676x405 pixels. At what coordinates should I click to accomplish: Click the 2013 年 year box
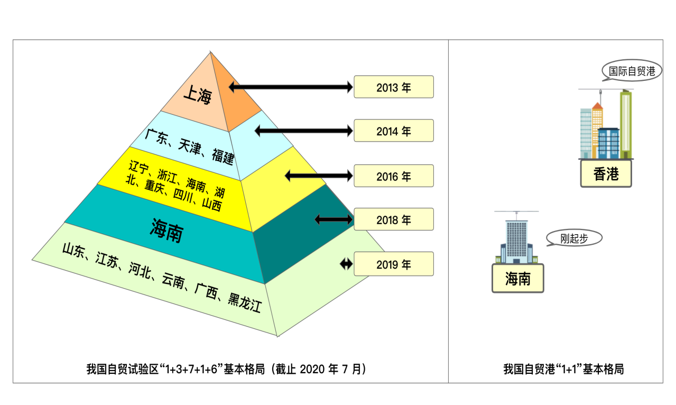pos(394,87)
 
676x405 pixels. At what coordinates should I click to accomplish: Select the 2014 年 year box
pos(394,131)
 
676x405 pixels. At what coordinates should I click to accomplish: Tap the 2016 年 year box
pos(394,176)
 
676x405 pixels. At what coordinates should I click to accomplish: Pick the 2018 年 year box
pos(394,219)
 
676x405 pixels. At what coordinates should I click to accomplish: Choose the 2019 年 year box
pos(394,264)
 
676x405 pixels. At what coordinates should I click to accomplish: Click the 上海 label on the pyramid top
pos(198,95)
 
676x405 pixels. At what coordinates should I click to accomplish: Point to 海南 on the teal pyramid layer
pos(166,231)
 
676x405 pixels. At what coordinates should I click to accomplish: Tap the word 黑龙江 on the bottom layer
pos(244,302)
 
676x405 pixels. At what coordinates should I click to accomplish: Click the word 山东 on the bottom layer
pos(73,250)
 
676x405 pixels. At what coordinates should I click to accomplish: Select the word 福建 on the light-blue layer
pos(223,157)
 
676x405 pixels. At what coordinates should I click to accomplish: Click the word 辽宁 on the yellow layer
pos(139,167)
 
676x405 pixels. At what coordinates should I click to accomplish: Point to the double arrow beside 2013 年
pos(291,87)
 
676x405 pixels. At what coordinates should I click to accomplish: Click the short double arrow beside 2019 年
pos(346,264)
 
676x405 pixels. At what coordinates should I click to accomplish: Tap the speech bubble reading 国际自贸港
pos(632,70)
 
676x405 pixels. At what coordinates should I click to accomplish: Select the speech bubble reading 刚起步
pos(574,238)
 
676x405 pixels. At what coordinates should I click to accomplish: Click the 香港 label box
pos(606,174)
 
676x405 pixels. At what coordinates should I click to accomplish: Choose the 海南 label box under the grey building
pos(518,278)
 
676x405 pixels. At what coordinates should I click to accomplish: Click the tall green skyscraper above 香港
pos(626,124)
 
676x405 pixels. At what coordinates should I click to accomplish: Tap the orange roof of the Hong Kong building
pos(597,106)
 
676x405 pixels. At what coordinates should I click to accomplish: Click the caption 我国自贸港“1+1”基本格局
pos(563,369)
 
